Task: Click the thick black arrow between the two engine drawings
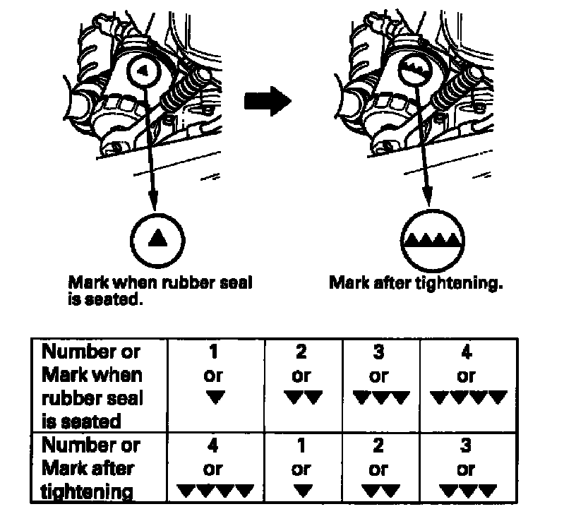click(x=267, y=102)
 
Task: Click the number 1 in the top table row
click(x=212, y=352)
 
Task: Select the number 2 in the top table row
click(x=301, y=352)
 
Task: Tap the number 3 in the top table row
click(x=379, y=352)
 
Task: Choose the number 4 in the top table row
click(x=467, y=352)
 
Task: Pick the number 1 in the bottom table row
click(x=301, y=446)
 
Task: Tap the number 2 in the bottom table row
click(x=379, y=446)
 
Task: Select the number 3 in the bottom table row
click(x=467, y=446)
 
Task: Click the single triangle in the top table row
click(x=212, y=398)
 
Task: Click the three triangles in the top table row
click(x=380, y=398)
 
